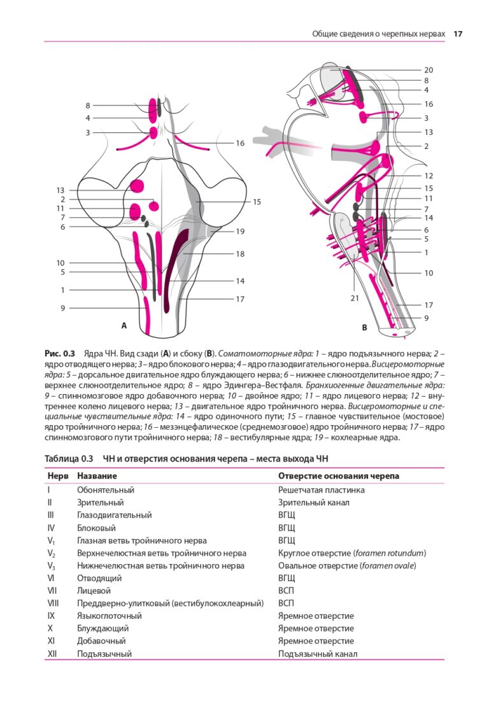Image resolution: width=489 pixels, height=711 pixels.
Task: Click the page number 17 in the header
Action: (457, 34)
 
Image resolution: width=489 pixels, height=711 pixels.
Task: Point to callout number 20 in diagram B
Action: (429, 70)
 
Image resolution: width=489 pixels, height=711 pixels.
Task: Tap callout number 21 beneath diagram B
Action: (355, 297)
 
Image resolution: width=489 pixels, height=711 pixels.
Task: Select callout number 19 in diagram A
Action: (240, 232)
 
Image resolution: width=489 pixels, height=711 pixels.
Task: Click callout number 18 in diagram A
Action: (240, 254)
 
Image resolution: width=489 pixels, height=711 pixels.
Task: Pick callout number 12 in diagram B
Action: (429, 176)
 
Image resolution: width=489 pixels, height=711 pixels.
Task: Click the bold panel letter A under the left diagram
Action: (124, 325)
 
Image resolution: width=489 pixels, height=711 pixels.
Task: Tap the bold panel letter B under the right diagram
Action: (364, 328)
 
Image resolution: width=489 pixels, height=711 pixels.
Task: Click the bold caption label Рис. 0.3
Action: (60, 353)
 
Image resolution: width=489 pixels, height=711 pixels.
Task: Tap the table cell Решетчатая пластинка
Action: (322, 490)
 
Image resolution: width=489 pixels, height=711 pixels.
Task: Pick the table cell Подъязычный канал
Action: (318, 654)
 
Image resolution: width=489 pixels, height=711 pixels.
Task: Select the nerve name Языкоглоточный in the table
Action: (110, 616)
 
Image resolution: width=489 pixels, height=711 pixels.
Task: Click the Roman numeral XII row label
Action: (52, 654)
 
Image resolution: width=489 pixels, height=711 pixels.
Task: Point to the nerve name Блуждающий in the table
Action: (101, 628)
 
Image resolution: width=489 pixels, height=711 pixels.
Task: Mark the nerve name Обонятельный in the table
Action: (106, 490)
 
